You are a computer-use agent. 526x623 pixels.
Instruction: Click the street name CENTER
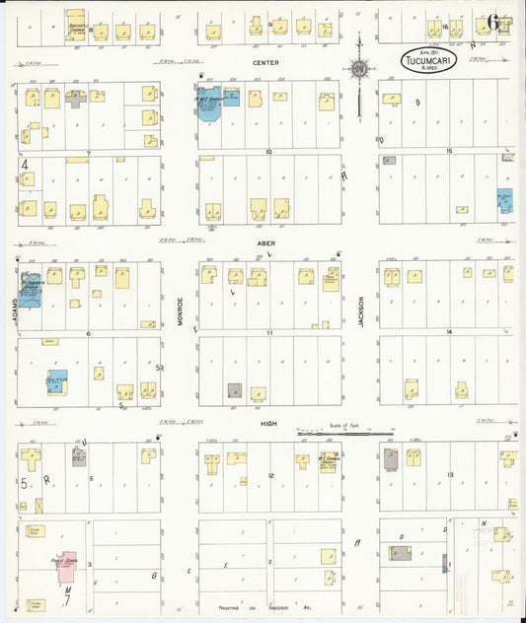point(265,62)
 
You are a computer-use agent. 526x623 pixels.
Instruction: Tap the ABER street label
point(266,242)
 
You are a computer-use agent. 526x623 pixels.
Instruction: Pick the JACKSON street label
point(361,311)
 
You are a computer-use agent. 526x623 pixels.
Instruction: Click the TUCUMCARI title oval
point(428,59)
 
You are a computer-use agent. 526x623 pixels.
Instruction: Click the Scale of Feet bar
point(345,434)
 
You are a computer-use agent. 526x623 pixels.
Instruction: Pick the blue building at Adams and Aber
point(29,289)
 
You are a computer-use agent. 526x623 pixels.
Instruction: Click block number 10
point(267,152)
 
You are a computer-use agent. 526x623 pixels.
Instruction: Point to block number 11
point(267,333)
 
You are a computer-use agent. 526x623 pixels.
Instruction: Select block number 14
point(448,333)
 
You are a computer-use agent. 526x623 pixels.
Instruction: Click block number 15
point(448,151)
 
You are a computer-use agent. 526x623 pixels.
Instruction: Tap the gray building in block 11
point(234,390)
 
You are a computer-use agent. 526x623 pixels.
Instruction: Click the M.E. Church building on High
point(329,461)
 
